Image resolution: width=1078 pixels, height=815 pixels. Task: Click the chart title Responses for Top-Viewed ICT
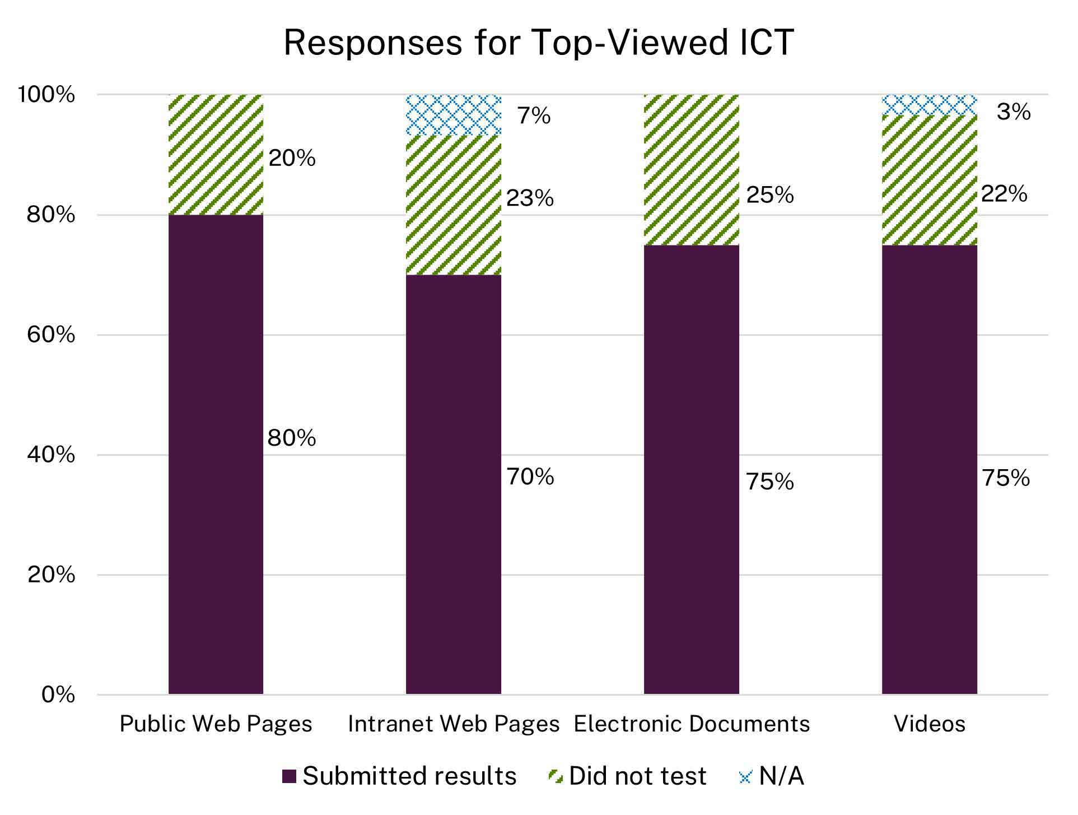pos(538,43)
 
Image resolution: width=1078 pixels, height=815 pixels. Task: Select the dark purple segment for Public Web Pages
pos(216,454)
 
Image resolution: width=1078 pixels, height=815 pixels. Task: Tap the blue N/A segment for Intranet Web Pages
pos(453,115)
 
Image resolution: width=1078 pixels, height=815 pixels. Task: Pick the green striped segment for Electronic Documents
pos(691,170)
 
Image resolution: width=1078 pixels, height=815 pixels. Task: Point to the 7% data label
pos(534,116)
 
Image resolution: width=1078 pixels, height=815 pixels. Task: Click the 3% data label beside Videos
pos(1014,112)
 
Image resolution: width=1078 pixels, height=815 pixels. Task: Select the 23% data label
pos(530,198)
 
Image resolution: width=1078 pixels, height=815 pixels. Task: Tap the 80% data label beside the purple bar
pos(291,438)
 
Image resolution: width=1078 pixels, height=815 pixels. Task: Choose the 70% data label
pos(530,477)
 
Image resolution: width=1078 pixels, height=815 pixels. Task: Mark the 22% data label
pos(1004,194)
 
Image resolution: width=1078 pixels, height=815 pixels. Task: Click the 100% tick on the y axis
pos(46,95)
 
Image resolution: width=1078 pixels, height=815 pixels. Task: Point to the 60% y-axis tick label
pos(50,335)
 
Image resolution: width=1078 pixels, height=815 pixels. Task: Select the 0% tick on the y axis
pos(58,694)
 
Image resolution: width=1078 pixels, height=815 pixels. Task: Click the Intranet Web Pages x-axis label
pos(454,724)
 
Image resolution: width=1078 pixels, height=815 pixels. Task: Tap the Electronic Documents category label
pos(692,724)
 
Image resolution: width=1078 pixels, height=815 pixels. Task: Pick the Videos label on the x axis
pos(930,724)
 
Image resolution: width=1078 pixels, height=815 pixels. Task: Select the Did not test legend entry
pos(627,776)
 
